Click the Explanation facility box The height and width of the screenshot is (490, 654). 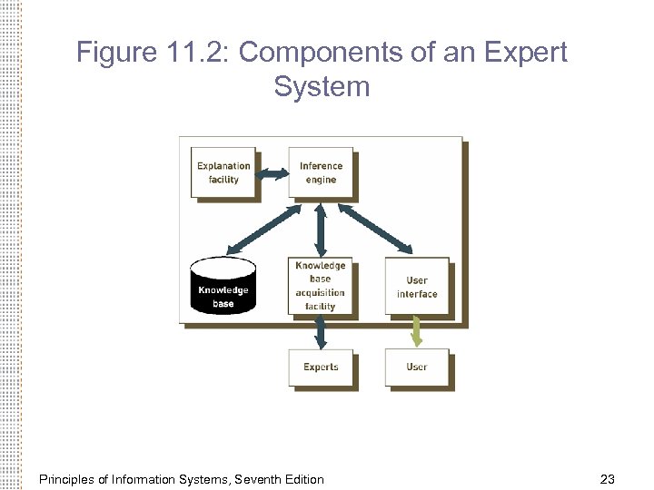[x=223, y=172]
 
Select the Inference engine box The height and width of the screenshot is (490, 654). [x=321, y=172]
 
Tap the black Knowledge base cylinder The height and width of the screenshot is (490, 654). [x=223, y=289]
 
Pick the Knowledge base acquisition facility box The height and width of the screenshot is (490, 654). [x=320, y=286]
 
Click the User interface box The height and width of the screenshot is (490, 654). [x=417, y=287]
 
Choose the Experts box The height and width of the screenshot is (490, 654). [x=321, y=367]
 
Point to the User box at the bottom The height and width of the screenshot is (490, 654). [x=417, y=367]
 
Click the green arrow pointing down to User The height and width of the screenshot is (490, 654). [x=417, y=330]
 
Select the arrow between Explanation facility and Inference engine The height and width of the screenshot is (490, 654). [x=272, y=173]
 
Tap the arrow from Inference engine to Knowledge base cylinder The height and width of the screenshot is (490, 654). [x=263, y=229]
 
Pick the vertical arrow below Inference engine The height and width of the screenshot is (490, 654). [x=321, y=229]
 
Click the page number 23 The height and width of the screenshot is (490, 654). [x=608, y=479]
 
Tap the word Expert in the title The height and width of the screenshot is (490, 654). [x=525, y=53]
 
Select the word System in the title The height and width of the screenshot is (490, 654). [x=322, y=87]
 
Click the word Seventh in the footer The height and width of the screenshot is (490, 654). [x=258, y=479]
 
